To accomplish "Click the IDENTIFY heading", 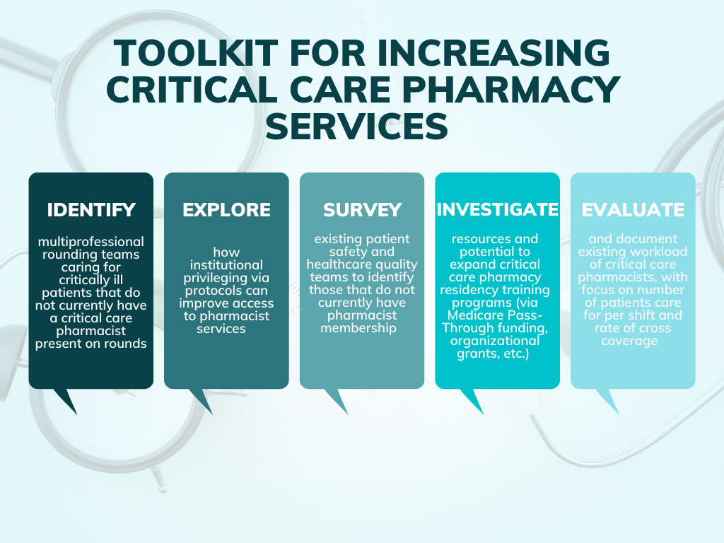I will [x=90, y=210].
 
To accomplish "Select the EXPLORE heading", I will [x=226, y=210].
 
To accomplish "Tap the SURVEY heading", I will [x=362, y=210].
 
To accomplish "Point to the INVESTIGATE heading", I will [x=497, y=210].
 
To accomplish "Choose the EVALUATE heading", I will [x=633, y=210].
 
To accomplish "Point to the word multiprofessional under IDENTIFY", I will [x=90, y=242].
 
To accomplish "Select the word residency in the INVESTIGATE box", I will [x=475, y=290].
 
